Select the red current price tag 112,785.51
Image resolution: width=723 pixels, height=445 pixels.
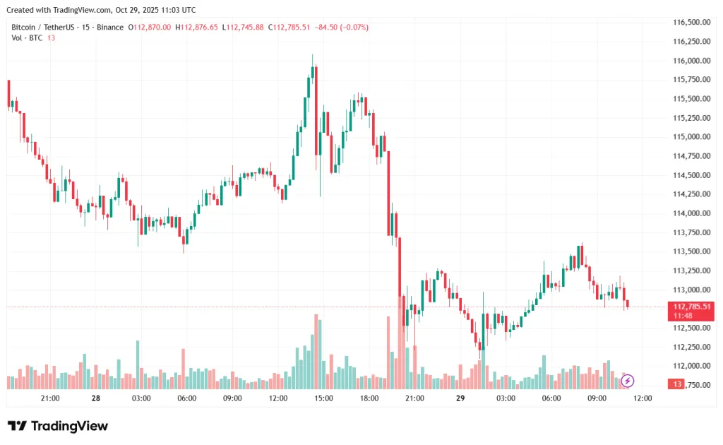point(691,306)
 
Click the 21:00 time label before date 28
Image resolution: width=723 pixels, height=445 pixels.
point(50,398)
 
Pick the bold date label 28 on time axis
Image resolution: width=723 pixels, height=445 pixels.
point(96,398)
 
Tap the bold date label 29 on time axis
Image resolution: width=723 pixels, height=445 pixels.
point(460,398)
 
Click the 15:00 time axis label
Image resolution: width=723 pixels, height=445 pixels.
point(323,398)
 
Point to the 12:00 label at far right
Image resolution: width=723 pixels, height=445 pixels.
point(643,398)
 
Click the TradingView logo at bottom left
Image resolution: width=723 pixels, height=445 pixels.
point(58,426)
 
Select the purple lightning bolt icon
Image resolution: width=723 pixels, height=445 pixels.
point(628,381)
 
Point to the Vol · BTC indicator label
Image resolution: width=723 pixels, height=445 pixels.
point(27,37)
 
